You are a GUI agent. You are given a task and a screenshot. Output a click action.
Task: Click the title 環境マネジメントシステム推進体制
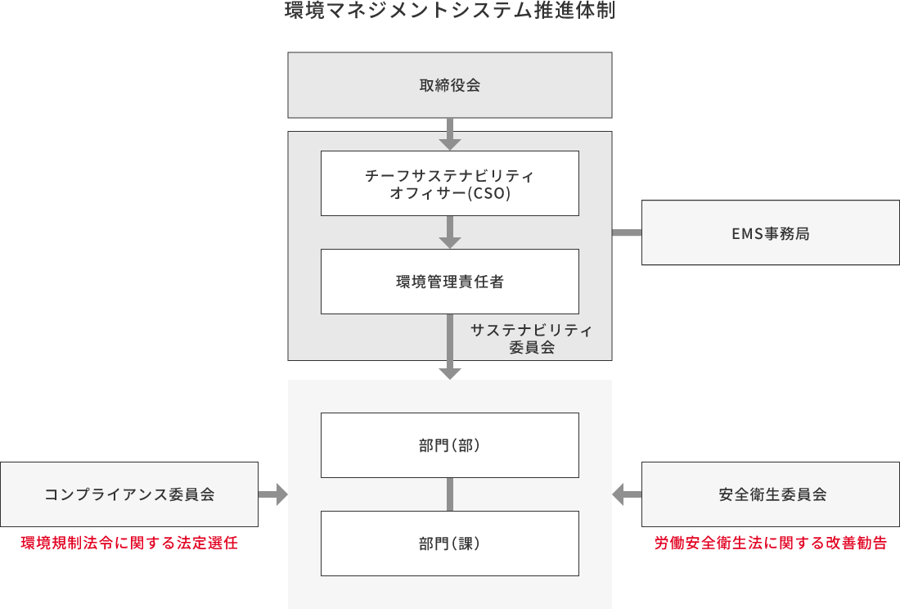(449, 11)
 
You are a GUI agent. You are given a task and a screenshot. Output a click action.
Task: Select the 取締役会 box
(449, 85)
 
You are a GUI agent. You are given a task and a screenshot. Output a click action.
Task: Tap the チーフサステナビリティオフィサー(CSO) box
(449, 183)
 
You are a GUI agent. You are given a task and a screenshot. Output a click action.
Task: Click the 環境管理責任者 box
(449, 282)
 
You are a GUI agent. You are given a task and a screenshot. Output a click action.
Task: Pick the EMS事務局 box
(770, 232)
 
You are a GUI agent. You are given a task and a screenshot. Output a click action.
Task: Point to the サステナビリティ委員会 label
(531, 338)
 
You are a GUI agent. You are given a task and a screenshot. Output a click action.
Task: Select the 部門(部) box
(449, 445)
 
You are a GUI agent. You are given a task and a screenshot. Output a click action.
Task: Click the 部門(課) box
(449, 544)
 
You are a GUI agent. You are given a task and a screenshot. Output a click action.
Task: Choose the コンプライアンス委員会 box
(129, 494)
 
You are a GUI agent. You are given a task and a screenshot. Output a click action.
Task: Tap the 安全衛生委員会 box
(770, 494)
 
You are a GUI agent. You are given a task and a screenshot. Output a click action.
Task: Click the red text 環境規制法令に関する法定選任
(129, 543)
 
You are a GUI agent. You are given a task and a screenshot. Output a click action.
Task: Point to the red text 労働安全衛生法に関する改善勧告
(770, 543)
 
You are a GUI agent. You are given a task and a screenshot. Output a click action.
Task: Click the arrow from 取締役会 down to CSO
(449, 134)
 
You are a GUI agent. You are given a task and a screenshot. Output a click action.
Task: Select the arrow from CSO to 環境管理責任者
(449, 232)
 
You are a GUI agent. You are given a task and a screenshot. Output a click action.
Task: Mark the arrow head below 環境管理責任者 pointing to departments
(449, 372)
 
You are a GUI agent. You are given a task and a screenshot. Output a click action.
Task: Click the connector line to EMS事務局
(627, 232)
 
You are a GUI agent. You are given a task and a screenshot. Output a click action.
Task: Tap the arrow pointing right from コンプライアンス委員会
(273, 494)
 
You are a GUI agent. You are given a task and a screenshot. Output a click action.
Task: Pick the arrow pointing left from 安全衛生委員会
(627, 494)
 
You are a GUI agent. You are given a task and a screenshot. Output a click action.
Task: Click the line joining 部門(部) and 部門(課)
(449, 494)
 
